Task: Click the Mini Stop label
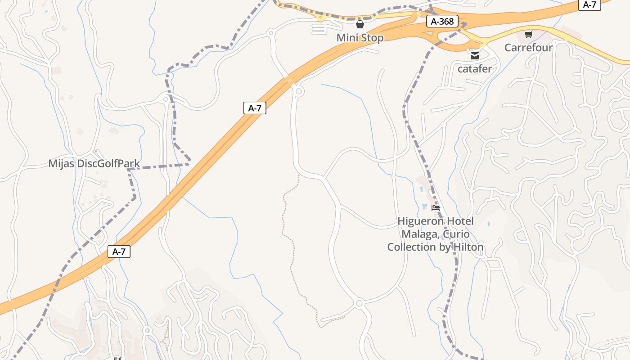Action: pos(360,38)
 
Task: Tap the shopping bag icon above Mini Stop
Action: pos(360,24)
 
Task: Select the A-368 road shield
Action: pos(442,21)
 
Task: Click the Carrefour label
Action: pos(528,47)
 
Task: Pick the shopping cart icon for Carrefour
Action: pos(529,34)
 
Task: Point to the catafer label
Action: pos(475,69)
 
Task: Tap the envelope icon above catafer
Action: pos(475,56)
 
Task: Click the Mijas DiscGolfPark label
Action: pos(94,163)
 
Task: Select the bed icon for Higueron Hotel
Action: pos(436,208)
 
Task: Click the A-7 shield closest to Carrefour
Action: pos(589,4)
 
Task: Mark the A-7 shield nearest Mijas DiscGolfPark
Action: pos(119,252)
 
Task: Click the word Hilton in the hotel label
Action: pos(468,247)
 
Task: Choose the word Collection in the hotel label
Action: pos(412,247)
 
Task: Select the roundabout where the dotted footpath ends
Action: pos(359,304)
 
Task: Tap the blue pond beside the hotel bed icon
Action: pos(424,207)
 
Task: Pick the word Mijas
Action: pos(62,163)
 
